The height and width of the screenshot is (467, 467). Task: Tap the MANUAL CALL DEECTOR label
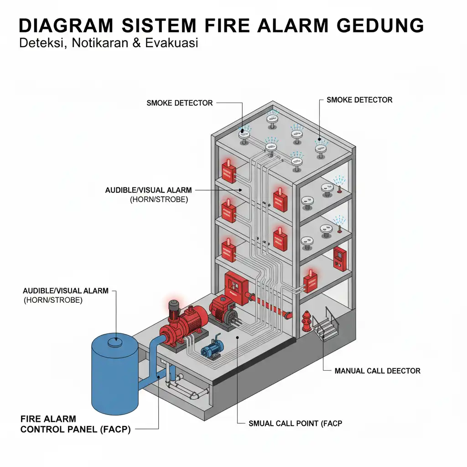click(x=377, y=371)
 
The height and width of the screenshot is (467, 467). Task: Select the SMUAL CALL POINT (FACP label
click(x=295, y=423)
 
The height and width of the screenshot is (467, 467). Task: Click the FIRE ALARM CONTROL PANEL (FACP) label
click(x=75, y=424)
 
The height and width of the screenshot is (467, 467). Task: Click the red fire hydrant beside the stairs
click(x=306, y=321)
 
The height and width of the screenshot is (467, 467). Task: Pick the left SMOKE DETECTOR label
click(x=179, y=103)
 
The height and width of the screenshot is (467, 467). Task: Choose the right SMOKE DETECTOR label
click(x=359, y=100)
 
